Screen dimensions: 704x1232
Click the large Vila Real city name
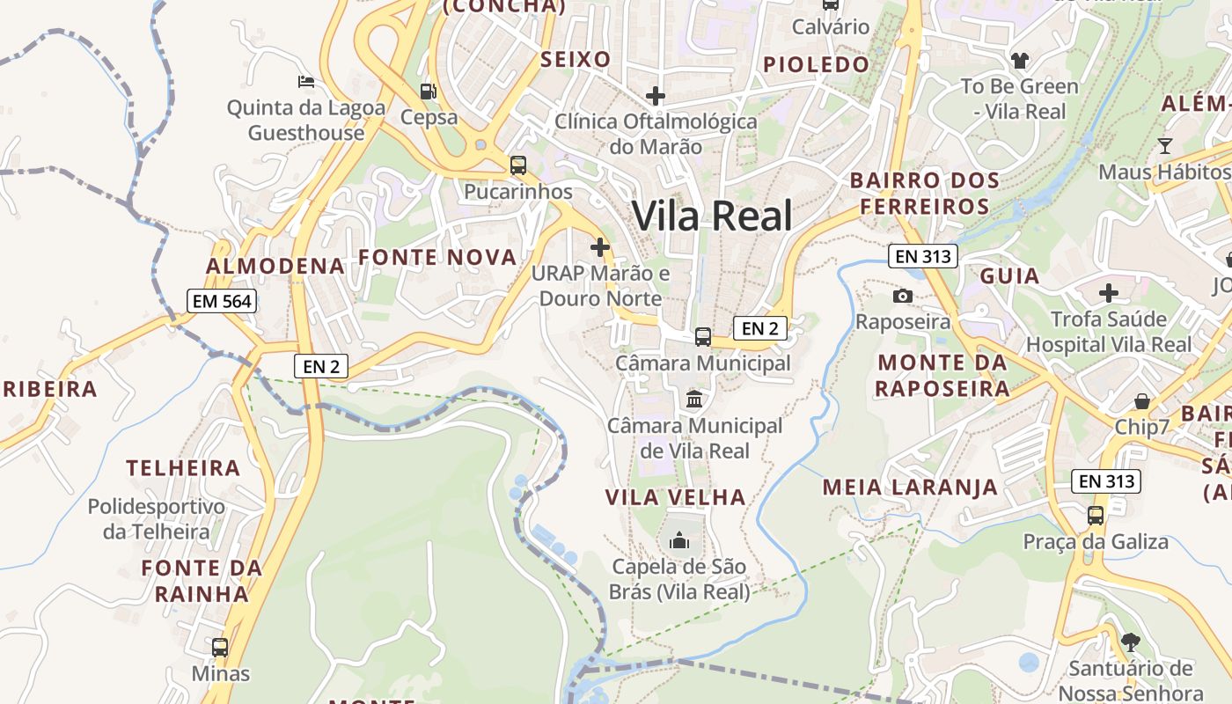[712, 216]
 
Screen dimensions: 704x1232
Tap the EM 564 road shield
[222, 301]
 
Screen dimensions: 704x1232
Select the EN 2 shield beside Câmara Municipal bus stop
[759, 328]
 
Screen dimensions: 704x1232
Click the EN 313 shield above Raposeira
[921, 256]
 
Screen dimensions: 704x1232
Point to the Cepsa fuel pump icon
[429, 91]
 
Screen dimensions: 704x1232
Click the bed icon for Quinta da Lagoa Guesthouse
[305, 82]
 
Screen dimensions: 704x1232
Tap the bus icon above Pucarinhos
[517, 165]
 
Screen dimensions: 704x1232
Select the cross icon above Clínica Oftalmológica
[656, 95]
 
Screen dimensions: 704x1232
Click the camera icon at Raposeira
[903, 296]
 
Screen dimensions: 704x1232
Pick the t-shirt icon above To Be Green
[1019, 61]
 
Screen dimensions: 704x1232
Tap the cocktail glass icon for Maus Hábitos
[1165, 145]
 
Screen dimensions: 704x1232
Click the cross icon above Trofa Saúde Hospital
[1109, 292]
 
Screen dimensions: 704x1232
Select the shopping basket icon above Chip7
[1141, 401]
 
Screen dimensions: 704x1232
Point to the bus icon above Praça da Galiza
[1096, 515]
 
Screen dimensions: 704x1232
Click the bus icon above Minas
[220, 647]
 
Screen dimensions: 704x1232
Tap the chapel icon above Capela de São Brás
[678, 539]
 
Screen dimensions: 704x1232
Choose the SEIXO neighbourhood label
[576, 60]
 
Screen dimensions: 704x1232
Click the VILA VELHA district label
[675, 497]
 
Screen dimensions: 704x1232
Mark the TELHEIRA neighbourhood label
[183, 468]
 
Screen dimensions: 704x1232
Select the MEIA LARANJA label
[910, 487]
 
